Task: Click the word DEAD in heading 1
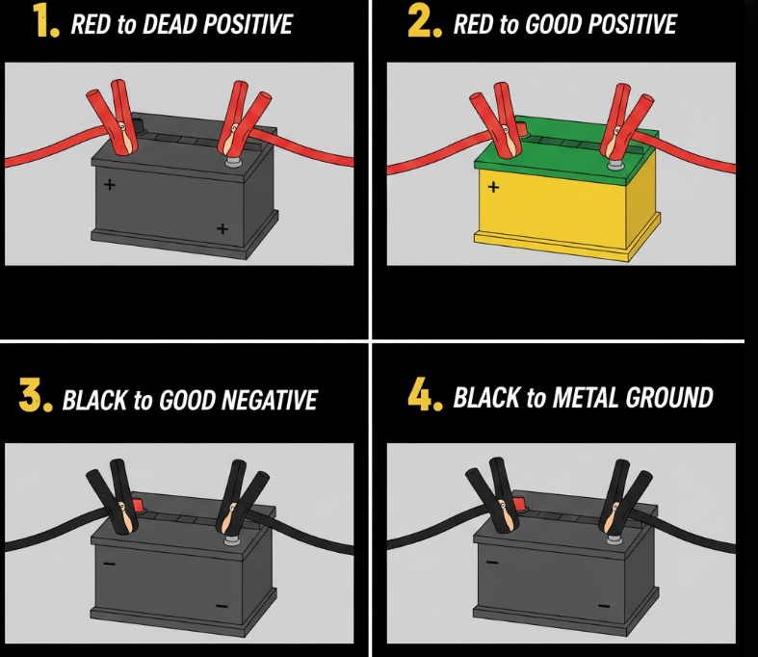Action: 170,24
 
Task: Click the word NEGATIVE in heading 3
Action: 271,401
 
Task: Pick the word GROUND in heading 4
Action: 669,398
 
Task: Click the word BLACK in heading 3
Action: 94,401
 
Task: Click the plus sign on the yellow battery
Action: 493,187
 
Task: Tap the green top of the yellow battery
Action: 565,150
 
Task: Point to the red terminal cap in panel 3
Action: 138,505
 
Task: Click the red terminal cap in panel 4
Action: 520,505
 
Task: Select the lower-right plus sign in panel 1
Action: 222,228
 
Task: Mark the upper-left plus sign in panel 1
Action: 110,184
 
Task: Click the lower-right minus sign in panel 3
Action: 222,606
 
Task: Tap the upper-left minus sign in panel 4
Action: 491,562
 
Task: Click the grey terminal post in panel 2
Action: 614,164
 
